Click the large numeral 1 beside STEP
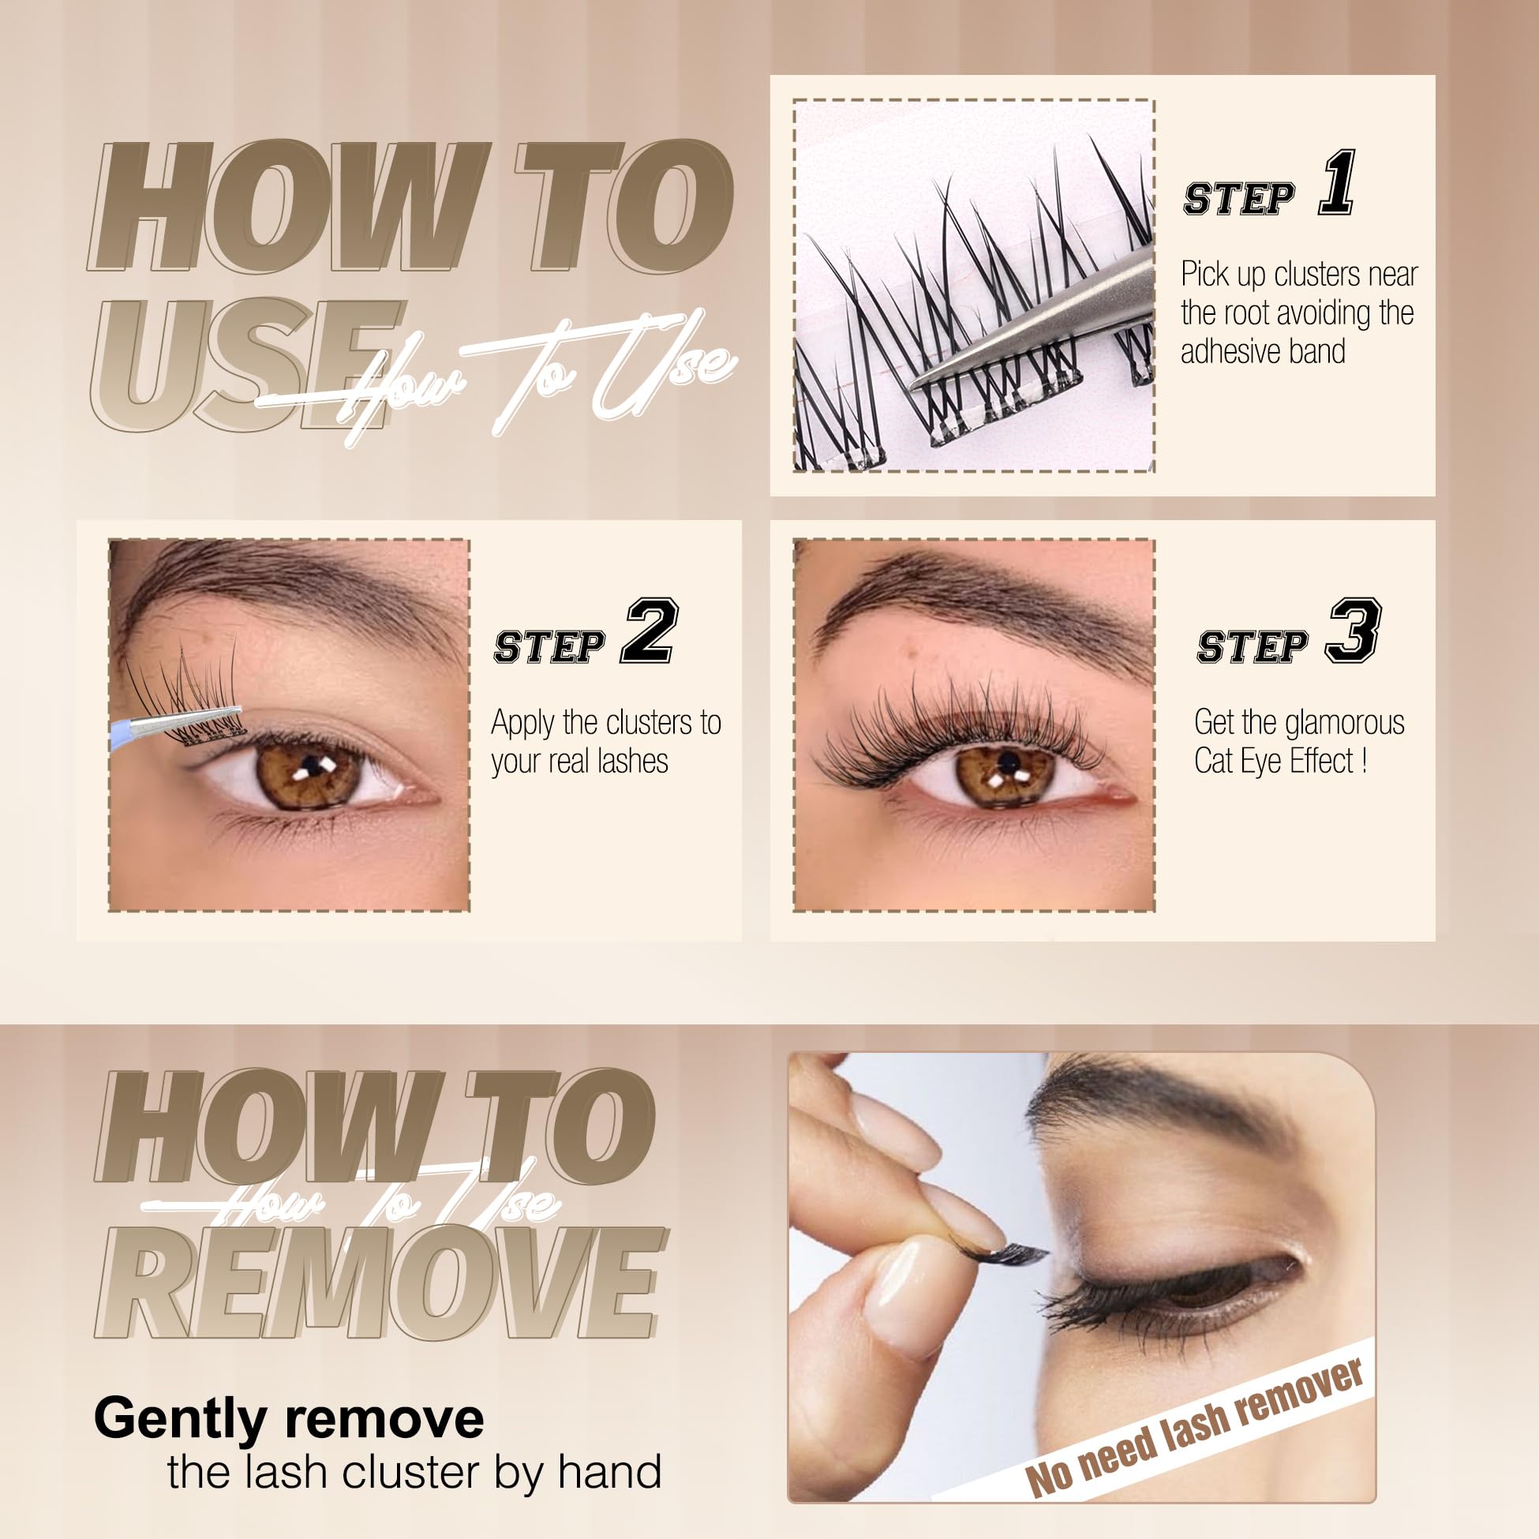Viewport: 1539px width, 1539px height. click(1338, 183)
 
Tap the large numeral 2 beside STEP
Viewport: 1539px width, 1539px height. click(650, 631)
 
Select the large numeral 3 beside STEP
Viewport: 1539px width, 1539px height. click(1354, 631)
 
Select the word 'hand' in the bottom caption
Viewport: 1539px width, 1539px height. click(609, 1472)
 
